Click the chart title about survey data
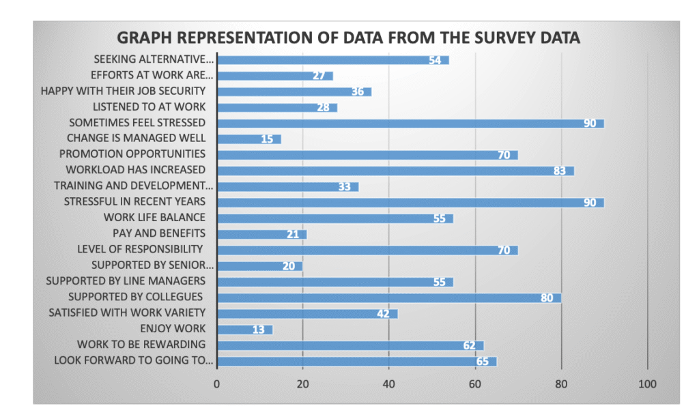tap(348, 38)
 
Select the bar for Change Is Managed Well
tap(249, 139)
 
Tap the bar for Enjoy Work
tap(244, 330)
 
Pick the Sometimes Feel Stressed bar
tap(410, 124)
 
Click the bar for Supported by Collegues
tap(388, 298)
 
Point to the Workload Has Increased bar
tap(395, 171)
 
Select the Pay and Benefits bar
tap(261, 234)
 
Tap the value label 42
tap(382, 314)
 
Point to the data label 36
tap(357, 92)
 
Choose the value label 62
tap(469, 345)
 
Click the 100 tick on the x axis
tap(646, 384)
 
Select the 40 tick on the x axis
tap(388, 384)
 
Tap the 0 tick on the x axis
tap(217, 384)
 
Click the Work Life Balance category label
tap(154, 218)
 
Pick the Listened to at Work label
tap(149, 107)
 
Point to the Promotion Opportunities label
tap(142, 154)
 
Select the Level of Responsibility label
tap(140, 249)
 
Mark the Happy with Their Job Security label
tap(123, 91)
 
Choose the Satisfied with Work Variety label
tap(127, 313)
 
